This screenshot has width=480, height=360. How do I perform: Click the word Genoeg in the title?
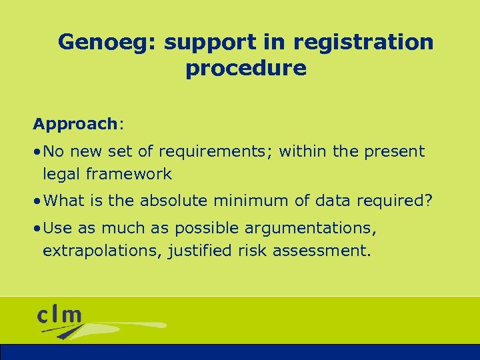107,43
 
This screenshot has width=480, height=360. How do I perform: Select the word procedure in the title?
246,68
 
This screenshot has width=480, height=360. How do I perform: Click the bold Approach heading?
75,124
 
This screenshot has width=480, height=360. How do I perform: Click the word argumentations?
311,229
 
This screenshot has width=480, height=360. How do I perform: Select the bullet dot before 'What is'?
37,200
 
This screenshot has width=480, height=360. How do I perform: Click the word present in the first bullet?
394,152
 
